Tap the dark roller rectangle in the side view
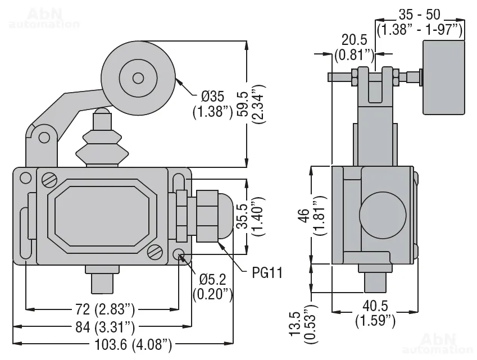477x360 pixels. [x=443, y=77]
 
